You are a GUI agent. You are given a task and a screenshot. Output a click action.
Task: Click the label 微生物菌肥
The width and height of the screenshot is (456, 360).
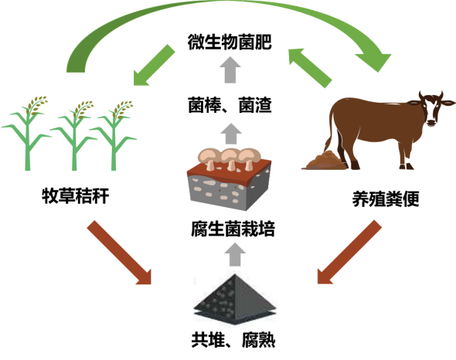click(x=230, y=42)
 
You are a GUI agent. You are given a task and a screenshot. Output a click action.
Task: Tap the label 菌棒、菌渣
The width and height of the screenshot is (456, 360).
click(x=230, y=105)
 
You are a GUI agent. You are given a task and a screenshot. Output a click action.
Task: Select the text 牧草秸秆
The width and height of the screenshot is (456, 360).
click(x=76, y=195)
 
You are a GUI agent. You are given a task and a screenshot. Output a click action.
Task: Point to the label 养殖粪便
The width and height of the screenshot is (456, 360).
click(x=386, y=199)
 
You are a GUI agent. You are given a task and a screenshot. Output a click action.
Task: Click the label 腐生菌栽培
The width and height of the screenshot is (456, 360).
click(x=233, y=229)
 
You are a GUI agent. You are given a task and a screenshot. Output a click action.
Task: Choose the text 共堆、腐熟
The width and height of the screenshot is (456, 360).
click(x=233, y=340)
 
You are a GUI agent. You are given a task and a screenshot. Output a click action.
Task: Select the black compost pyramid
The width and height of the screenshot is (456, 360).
click(x=235, y=299)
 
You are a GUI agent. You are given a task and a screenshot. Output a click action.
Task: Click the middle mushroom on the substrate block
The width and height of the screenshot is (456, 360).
click(x=230, y=158)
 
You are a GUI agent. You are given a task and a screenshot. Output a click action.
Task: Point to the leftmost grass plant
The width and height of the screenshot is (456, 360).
click(x=27, y=133)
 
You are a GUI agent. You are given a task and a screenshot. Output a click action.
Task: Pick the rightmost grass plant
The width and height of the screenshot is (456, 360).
click(x=115, y=135)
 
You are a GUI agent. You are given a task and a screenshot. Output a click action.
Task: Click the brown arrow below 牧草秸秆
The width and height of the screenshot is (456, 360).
click(x=120, y=253)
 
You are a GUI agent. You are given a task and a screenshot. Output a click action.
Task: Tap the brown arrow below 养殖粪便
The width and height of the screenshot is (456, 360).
click(x=349, y=252)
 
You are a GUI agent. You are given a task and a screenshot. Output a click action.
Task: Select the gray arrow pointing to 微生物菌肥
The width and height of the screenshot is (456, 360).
click(x=230, y=70)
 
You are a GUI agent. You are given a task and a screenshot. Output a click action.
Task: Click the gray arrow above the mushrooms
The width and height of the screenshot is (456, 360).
click(x=231, y=134)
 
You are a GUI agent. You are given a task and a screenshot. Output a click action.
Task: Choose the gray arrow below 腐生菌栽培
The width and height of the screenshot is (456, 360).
click(x=235, y=254)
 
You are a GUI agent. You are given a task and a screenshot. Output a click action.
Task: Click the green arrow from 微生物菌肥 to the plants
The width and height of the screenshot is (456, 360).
click(x=154, y=65)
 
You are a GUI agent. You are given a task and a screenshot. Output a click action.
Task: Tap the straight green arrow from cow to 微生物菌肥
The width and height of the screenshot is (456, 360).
click(x=310, y=68)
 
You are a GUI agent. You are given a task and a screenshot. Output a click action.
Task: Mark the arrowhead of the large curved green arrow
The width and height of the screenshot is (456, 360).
click(x=375, y=62)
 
